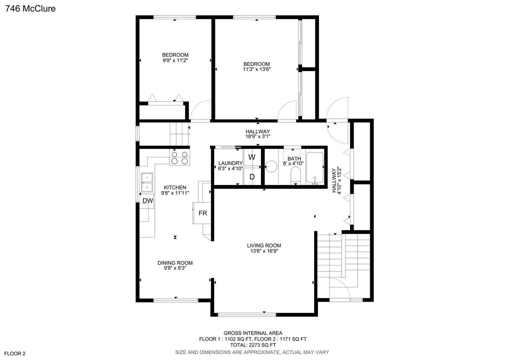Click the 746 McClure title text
(x=31, y=9)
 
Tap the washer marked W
(x=252, y=157)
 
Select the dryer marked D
(x=252, y=176)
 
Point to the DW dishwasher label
(x=148, y=200)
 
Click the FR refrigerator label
(x=203, y=213)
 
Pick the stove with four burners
(x=179, y=157)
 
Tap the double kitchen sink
(x=147, y=183)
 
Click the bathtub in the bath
(x=315, y=168)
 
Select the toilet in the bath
(x=295, y=175)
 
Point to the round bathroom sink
(x=271, y=167)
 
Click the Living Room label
(x=264, y=246)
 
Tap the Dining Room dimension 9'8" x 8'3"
(x=175, y=268)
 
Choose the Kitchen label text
(x=175, y=188)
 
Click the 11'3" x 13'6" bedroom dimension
(x=257, y=69)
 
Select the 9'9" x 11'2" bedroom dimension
(x=175, y=60)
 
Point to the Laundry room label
(x=230, y=163)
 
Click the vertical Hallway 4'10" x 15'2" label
(x=337, y=180)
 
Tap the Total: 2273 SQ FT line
(x=253, y=345)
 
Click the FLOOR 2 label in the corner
(x=15, y=354)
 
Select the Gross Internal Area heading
(x=253, y=333)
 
